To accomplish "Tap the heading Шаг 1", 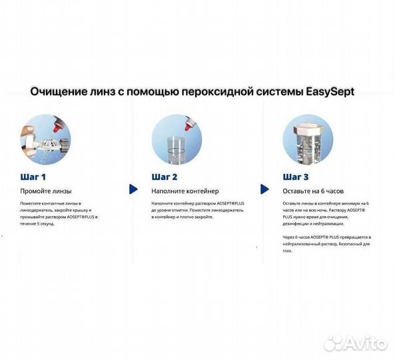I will click(x=33, y=177).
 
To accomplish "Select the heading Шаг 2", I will click(x=165, y=177).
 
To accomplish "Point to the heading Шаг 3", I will click(x=296, y=177).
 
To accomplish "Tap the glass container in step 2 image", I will click(x=176, y=147).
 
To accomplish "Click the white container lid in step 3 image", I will click(x=308, y=124).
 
